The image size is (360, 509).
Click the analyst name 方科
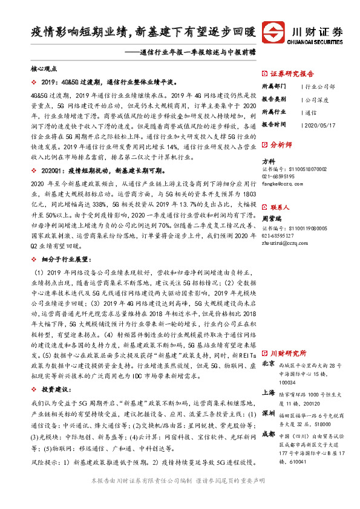click(x=268, y=161)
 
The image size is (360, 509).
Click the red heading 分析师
click(x=280, y=145)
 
